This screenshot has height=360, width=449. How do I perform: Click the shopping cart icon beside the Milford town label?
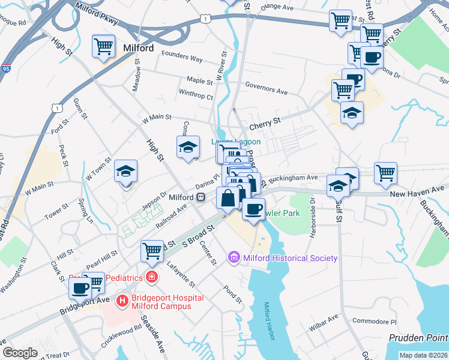[x=103, y=46]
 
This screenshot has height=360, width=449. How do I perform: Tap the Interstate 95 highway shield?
[x=5, y=61]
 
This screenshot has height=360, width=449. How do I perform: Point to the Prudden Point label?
[x=418, y=338]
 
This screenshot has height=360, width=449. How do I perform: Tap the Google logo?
[x=20, y=352]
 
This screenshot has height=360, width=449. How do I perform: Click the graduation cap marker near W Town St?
[x=126, y=172]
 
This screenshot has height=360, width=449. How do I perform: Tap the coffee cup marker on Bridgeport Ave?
[x=80, y=288]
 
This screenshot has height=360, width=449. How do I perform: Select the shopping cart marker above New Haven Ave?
[x=385, y=173]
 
